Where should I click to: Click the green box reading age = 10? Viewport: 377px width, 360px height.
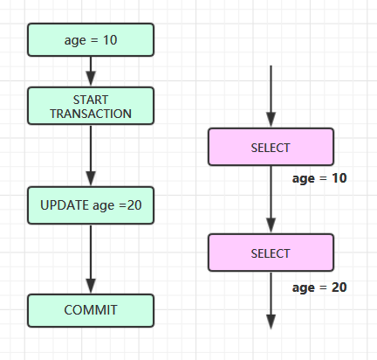pos(91,40)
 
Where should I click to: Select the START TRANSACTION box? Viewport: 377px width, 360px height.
pos(91,106)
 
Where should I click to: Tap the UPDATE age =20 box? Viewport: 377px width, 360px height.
pos(91,205)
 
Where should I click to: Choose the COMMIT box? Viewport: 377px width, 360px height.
pos(91,310)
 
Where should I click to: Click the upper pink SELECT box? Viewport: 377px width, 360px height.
pos(271,147)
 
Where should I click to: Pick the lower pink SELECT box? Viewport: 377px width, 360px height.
pos(271,253)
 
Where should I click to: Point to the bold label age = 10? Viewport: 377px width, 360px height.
pos(319,178)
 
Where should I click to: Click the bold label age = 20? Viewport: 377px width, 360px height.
pos(319,287)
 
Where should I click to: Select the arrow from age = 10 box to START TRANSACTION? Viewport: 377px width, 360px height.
pos(91,72)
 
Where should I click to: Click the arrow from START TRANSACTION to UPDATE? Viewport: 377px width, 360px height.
pos(91,156)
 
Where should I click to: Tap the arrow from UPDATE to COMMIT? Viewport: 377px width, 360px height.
pos(91,260)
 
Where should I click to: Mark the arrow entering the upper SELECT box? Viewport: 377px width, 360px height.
pos(271,96)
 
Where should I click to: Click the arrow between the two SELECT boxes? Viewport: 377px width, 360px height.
pos(271,199)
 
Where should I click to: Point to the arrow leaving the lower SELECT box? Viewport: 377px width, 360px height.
pos(271,301)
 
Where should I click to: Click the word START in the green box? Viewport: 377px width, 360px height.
pos(91,100)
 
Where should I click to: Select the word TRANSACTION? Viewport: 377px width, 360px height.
pos(91,114)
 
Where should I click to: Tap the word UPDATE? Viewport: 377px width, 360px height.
pos(65,205)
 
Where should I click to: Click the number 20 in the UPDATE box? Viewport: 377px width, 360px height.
pos(134,205)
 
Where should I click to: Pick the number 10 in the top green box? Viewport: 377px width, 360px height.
pos(110,40)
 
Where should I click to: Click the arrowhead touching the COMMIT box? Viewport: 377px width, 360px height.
pos(91,287)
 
